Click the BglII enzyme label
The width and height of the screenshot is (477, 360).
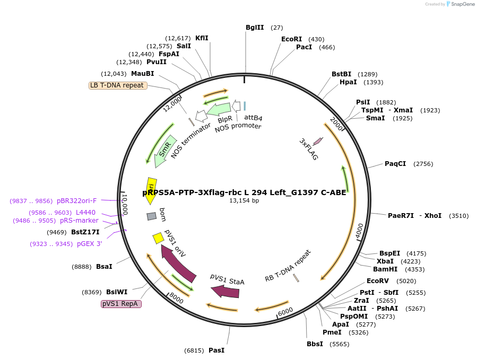click(255, 28)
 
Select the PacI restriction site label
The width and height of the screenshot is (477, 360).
click(304, 47)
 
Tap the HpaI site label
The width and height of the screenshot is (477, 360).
click(348, 82)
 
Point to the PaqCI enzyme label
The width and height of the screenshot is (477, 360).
click(395, 164)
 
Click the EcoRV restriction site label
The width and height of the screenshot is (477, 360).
click(378, 281)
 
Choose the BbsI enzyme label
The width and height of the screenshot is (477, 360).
click(315, 344)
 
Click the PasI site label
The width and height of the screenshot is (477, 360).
click(216, 350)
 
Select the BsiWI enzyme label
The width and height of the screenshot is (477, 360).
click(117, 292)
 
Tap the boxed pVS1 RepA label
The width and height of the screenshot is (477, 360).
click(121, 304)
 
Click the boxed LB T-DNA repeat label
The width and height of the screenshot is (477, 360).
click(117, 85)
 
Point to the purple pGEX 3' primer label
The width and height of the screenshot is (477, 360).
click(89, 244)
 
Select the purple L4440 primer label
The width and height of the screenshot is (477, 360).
click(86, 212)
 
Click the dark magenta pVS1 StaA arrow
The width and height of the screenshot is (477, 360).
click(225, 291)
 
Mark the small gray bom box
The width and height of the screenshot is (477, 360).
click(152, 216)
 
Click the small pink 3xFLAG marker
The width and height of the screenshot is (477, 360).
click(318, 141)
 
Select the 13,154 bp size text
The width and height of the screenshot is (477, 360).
click(244, 201)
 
